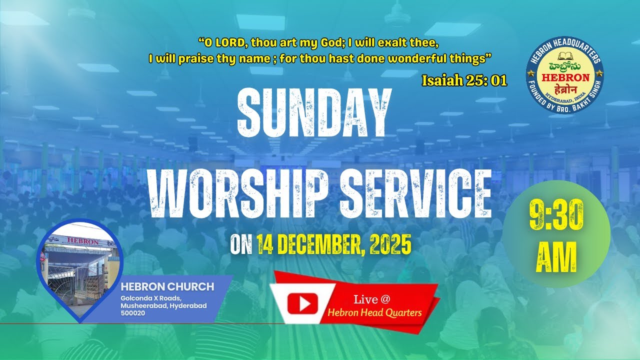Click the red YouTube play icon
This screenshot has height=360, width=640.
[x=302, y=303]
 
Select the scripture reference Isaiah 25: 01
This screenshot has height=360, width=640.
[x=464, y=80]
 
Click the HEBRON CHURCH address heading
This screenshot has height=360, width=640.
[x=167, y=287]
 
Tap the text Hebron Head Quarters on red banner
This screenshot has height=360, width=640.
[x=374, y=312]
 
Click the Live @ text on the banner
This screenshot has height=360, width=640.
[x=371, y=299]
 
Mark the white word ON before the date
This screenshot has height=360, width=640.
[x=241, y=246]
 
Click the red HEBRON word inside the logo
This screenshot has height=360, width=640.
[x=564, y=78]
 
